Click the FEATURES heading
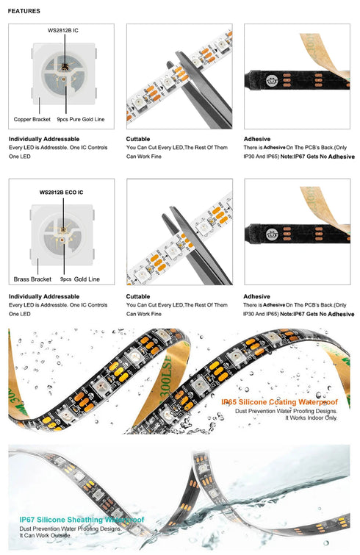click(x=24, y=11)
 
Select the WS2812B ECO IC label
click(x=61, y=192)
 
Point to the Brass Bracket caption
click(x=32, y=279)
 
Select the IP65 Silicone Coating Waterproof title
click(x=279, y=402)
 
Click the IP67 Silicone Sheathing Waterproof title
click(x=82, y=520)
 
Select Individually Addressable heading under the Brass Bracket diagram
click(x=44, y=297)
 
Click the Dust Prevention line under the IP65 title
click(x=286, y=410)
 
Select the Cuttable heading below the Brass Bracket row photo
click(x=138, y=297)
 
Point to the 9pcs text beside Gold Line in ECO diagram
click(x=66, y=279)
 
